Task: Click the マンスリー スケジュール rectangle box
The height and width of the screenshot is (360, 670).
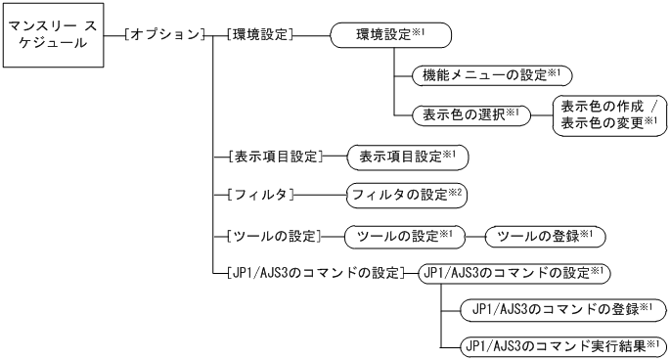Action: click(x=54, y=40)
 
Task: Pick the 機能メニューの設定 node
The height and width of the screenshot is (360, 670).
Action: click(x=485, y=74)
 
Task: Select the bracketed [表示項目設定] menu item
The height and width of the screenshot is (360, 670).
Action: click(x=270, y=154)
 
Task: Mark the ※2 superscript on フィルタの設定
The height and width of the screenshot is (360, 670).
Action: click(x=455, y=191)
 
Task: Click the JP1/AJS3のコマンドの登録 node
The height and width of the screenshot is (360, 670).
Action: click(x=561, y=309)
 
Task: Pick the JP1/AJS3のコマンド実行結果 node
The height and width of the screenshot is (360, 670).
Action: click(x=561, y=345)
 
